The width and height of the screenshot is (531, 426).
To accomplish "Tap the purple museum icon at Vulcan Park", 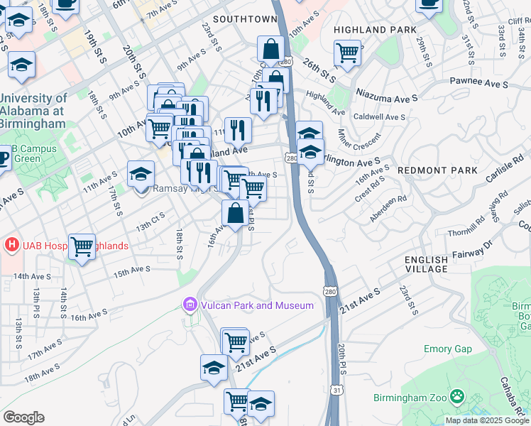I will pyautogui.click(x=190, y=305).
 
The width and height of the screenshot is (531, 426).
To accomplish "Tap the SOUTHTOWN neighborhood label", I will pyautogui.click(x=244, y=18).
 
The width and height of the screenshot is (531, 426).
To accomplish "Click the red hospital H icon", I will pyautogui.click(x=11, y=246).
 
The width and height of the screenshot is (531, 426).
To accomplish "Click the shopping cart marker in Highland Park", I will pyautogui.click(x=347, y=53).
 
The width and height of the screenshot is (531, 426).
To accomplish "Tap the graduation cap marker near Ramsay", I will pyautogui.click(x=141, y=173).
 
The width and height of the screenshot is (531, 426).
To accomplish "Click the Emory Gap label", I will pyautogui.click(x=447, y=349).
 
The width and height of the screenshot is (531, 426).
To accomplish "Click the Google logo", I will pyautogui.click(x=23, y=417).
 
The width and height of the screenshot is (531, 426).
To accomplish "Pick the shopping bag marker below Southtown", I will pyautogui.click(x=270, y=50).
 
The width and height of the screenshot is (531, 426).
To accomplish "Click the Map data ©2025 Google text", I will pyautogui.click(x=488, y=420).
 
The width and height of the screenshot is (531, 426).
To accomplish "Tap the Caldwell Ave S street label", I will pyautogui.click(x=379, y=117).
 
